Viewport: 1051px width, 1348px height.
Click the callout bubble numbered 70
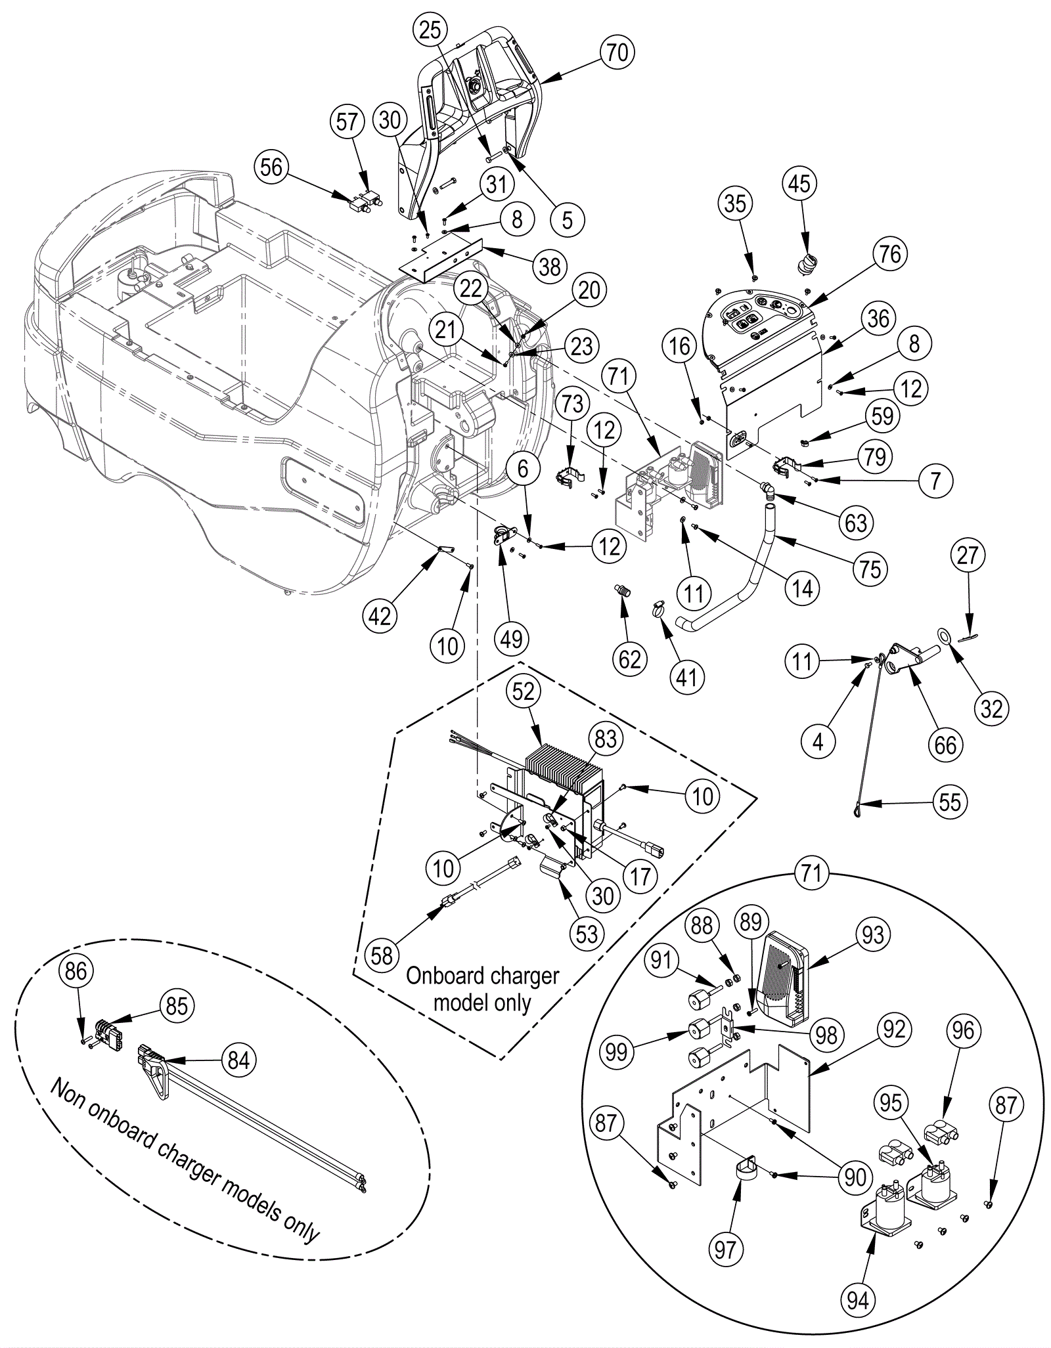(617, 52)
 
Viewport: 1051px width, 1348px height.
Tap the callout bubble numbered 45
(799, 184)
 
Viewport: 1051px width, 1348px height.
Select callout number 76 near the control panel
(890, 253)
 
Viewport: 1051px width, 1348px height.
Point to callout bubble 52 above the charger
(523, 691)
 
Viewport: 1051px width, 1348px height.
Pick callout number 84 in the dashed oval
(238, 1060)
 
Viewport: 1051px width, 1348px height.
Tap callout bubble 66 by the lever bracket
(945, 745)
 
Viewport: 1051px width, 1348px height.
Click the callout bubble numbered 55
(950, 802)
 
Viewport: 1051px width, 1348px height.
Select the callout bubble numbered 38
(550, 266)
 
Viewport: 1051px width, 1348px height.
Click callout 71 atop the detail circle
(812, 874)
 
